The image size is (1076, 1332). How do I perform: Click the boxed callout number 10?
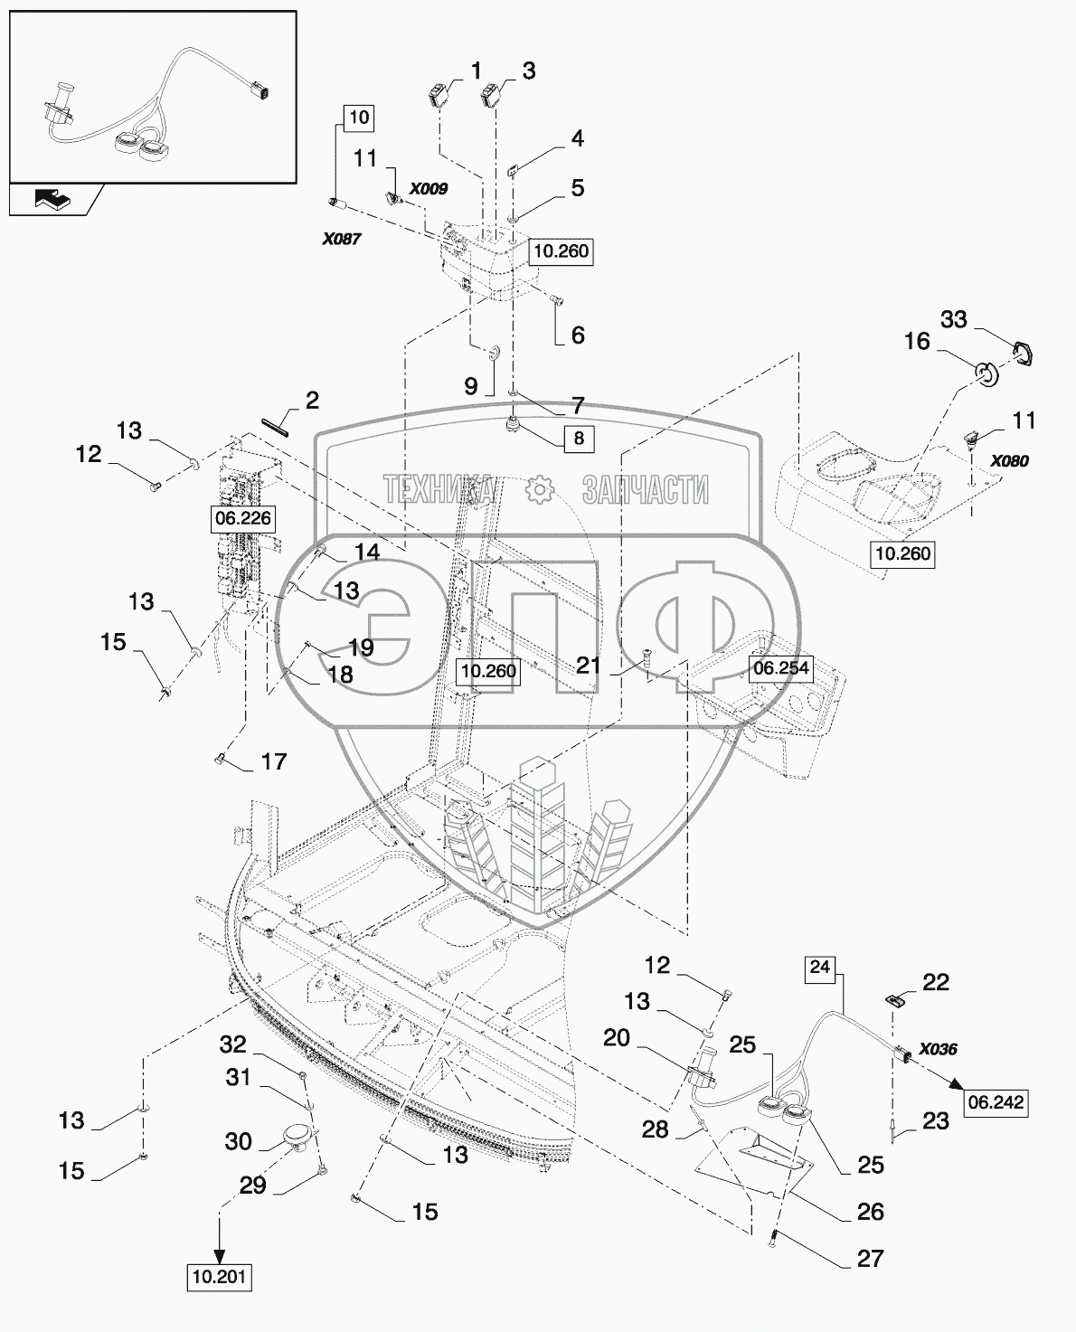point(359,118)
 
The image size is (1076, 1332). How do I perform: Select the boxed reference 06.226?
point(243,518)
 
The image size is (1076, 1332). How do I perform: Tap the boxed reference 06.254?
point(781,668)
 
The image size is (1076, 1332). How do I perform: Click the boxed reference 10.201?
point(220,1277)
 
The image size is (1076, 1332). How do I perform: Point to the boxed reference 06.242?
point(996,1102)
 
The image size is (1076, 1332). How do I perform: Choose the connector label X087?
point(342,239)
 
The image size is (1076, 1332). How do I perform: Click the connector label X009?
point(429,189)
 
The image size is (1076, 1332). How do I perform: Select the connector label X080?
point(1010,461)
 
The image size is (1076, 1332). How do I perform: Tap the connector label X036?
point(938,1049)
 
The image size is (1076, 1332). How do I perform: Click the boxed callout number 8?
point(579,439)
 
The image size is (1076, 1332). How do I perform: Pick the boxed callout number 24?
point(820,968)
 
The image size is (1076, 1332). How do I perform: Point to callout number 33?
point(953,319)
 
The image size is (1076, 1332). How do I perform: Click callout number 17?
point(274,761)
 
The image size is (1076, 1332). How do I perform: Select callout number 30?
point(238,1141)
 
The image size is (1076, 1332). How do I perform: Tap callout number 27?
point(871,1258)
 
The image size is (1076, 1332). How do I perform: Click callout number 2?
point(312,401)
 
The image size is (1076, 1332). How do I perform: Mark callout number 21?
point(588,666)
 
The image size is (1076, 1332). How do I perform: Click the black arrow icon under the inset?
point(53,200)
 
